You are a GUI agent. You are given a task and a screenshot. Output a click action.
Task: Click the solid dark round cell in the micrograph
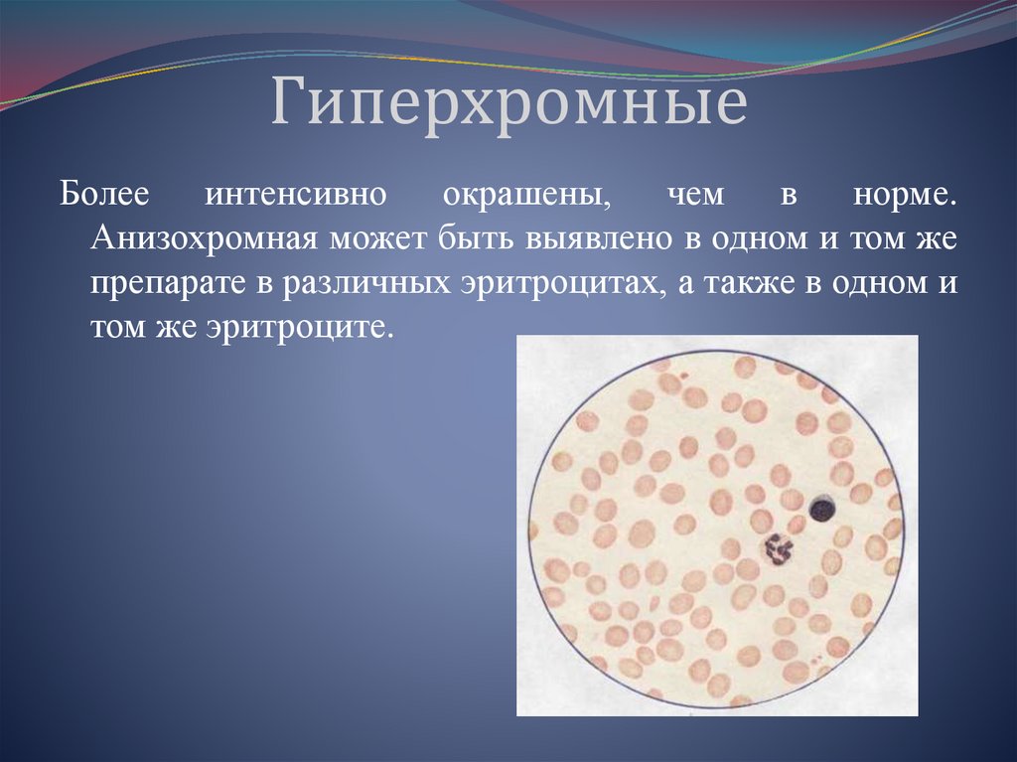click(x=822, y=511)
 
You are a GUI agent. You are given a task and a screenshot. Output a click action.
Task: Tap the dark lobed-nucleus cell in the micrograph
click(x=778, y=548)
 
